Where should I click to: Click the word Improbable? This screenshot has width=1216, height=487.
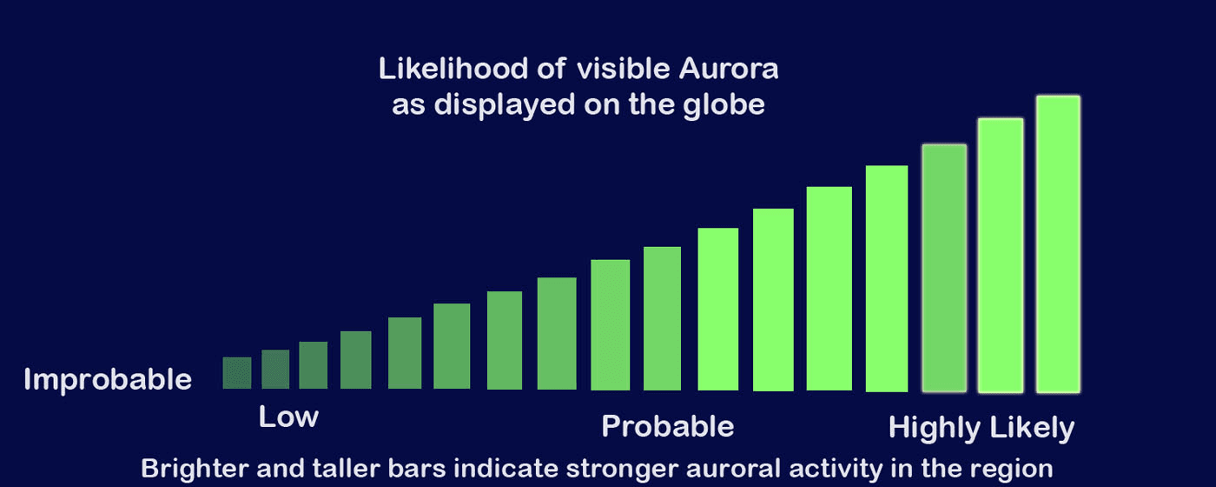(108, 380)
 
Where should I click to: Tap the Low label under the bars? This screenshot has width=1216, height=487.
(288, 417)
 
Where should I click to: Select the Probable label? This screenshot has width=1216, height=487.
(667, 426)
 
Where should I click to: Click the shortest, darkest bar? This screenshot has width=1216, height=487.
(237, 373)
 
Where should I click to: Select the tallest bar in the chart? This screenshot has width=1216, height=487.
(1058, 243)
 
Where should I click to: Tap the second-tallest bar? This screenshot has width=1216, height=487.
(1001, 255)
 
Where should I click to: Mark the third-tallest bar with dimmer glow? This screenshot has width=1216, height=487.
(944, 268)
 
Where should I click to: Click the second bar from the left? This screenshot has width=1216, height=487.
(275, 370)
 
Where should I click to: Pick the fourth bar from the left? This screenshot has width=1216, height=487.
(356, 360)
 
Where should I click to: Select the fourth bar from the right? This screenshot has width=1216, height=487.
(887, 278)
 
